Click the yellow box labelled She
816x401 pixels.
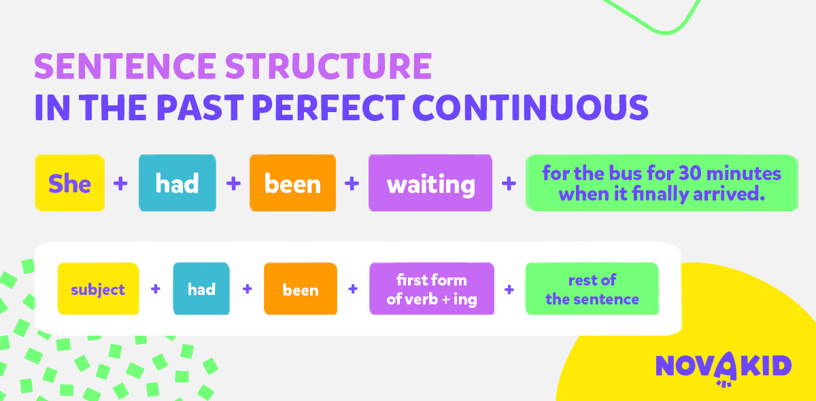coord(69,183)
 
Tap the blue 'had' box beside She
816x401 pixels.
coord(177,183)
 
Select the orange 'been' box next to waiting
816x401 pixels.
coord(292,183)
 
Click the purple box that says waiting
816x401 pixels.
coord(430,183)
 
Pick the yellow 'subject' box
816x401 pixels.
coord(99,288)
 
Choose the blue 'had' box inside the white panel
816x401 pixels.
coord(201,288)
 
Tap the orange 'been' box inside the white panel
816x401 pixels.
coord(301,288)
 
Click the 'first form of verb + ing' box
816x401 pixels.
coord(432,288)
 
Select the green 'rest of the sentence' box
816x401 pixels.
coord(592,288)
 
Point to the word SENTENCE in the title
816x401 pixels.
coord(125,66)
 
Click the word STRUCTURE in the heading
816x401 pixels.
coord(328,66)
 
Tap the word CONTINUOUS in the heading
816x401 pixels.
coord(530,107)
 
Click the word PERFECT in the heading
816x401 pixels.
coord(328,107)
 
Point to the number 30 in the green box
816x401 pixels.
coord(690,173)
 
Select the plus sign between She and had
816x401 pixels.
coord(120,184)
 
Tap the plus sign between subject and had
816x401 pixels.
coord(156,289)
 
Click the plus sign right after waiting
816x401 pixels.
coord(509,184)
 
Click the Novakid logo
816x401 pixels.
coord(724,368)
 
